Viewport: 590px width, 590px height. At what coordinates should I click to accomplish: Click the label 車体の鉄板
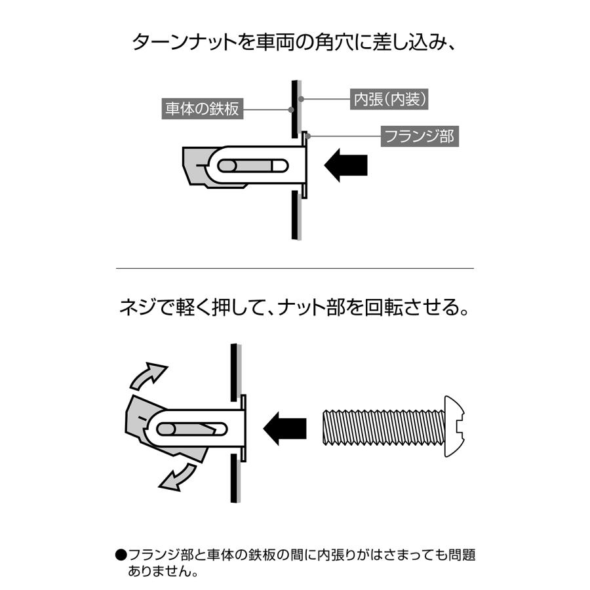tap(201, 108)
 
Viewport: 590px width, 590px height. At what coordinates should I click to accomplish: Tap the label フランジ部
tap(418, 138)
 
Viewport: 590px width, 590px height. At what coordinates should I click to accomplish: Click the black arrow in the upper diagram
tap(346, 164)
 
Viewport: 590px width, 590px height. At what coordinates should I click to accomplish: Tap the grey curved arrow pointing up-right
tap(149, 375)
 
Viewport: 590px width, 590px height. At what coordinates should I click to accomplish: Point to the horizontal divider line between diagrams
tap(294, 268)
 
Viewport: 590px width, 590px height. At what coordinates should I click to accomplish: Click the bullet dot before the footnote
tap(121, 555)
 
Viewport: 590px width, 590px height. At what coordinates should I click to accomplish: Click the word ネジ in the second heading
tap(136, 307)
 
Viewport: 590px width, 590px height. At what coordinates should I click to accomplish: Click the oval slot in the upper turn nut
tap(252, 165)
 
